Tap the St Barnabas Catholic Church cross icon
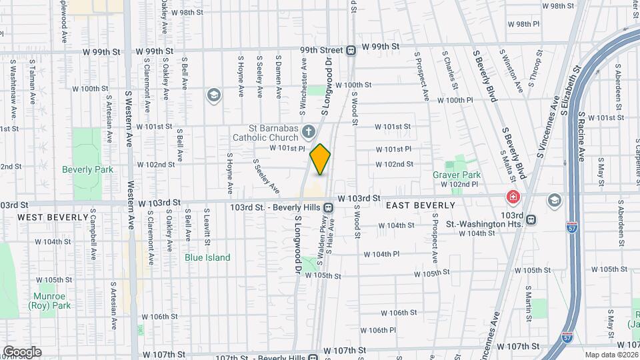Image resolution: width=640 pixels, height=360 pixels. click(x=308, y=130)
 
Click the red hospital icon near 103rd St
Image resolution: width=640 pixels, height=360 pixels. click(x=513, y=197)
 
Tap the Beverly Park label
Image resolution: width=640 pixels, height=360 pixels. click(x=87, y=169)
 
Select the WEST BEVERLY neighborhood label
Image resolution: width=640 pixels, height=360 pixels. click(x=53, y=217)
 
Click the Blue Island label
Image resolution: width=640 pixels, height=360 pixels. click(x=207, y=257)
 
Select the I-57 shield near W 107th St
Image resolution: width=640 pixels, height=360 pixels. click(x=567, y=338)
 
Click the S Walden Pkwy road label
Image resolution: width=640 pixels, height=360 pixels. click(x=321, y=237)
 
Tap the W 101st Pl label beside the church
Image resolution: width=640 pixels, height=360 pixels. click(x=287, y=149)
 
